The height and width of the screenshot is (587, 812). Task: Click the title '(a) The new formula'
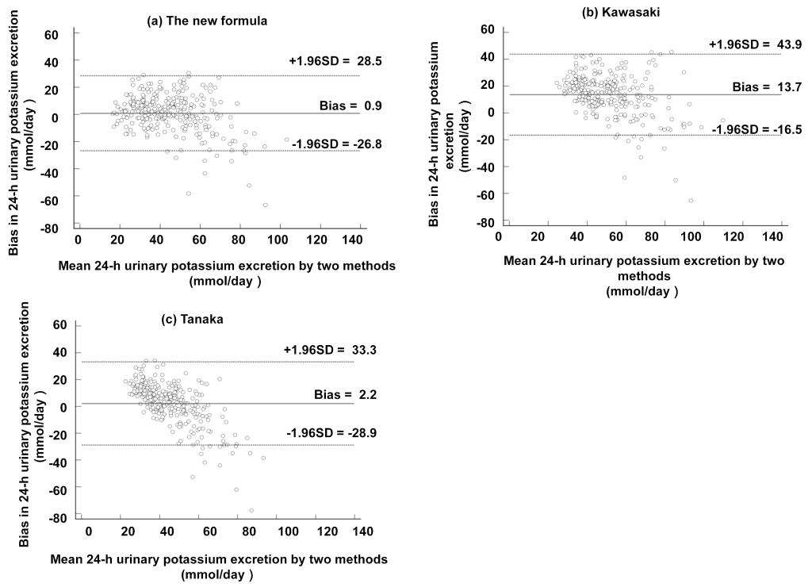point(207,21)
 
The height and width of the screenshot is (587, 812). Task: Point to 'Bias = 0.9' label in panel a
point(329,104)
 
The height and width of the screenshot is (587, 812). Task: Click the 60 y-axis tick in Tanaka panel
point(59,324)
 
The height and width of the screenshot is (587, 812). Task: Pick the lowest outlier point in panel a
point(265,205)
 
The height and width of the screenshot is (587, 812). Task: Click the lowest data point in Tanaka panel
point(251,510)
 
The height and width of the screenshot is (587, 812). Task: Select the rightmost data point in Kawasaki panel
point(722,121)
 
